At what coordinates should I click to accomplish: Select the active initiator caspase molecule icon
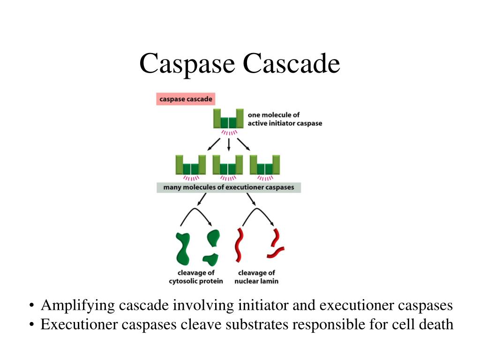[229, 119]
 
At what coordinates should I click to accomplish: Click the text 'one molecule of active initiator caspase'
[285, 119]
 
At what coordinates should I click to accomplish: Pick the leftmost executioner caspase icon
[191, 165]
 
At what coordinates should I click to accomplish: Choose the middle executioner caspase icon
[228, 165]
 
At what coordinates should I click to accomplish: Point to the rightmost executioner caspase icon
[265, 165]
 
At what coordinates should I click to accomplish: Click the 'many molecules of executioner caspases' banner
[229, 187]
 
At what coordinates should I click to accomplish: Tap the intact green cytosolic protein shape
[183, 248]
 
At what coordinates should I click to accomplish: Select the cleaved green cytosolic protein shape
[212, 247]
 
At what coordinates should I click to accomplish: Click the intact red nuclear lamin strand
[239, 245]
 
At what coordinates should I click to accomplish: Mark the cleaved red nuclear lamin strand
[276, 244]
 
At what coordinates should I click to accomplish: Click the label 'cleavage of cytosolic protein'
[196, 277]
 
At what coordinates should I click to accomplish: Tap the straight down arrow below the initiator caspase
[229, 144]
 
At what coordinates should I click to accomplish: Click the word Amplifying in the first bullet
[77, 306]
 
